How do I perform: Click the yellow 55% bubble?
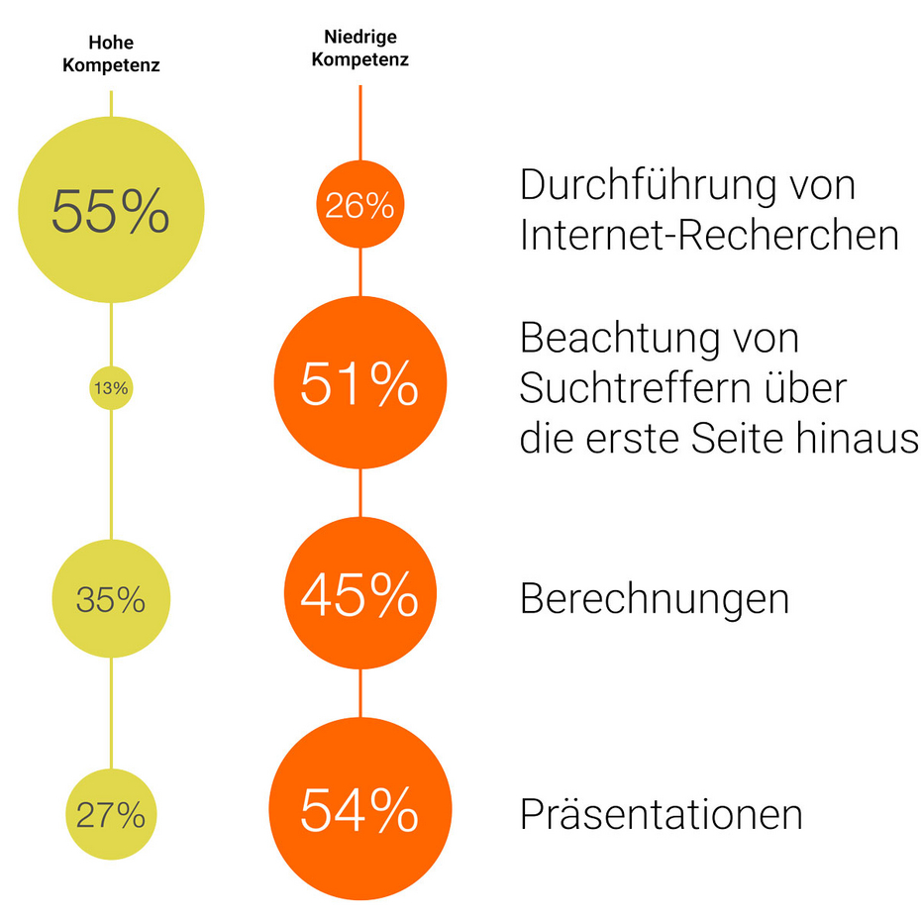[111, 210]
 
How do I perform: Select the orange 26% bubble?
[359, 206]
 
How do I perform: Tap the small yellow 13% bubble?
[111, 388]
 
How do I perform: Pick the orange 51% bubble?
[359, 384]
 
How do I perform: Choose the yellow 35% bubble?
[111, 598]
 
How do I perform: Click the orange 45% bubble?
[359, 594]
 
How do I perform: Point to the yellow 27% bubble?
[111, 814]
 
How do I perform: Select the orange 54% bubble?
[359, 811]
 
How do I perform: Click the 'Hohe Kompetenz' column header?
[111, 55]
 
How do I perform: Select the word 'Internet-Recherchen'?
[709, 236]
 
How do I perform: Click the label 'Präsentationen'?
[661, 815]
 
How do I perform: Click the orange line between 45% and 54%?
[359, 693]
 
